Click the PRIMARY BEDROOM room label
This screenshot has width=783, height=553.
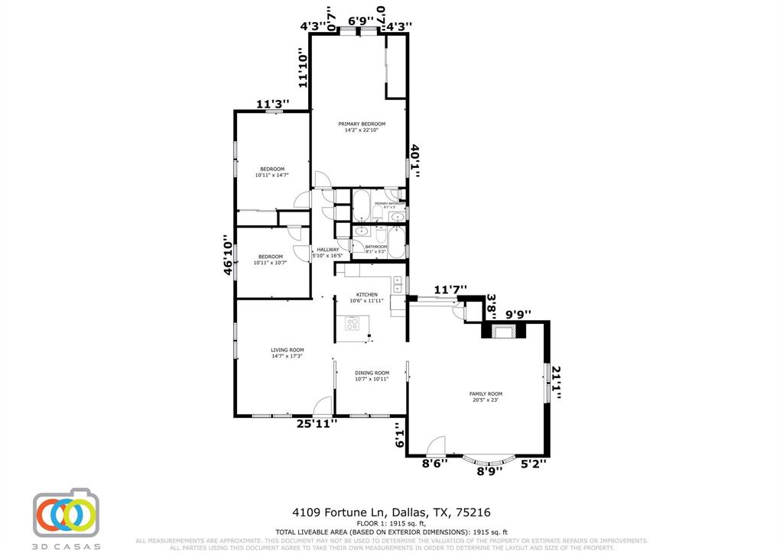[x=362, y=127]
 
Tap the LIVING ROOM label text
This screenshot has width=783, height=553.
[x=287, y=353]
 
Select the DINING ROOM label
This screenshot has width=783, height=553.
[x=372, y=376]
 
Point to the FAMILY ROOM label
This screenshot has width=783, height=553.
[x=486, y=396]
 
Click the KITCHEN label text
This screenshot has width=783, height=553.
[x=366, y=297]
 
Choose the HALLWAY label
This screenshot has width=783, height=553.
[x=328, y=253]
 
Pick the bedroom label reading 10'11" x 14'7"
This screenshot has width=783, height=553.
[x=272, y=172]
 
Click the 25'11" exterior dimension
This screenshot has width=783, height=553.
[x=317, y=423]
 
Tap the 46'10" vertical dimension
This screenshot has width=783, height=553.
[x=227, y=255]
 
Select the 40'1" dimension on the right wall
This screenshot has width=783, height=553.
[x=415, y=161]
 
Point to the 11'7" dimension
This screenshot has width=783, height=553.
[x=450, y=289]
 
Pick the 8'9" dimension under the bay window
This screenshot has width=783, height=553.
[x=489, y=471]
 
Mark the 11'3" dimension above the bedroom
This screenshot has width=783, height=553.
[x=271, y=105]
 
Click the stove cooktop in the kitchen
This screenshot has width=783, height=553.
[x=353, y=324]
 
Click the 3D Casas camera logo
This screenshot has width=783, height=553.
[x=67, y=512]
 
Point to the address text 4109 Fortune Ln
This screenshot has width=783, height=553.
[x=340, y=512]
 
